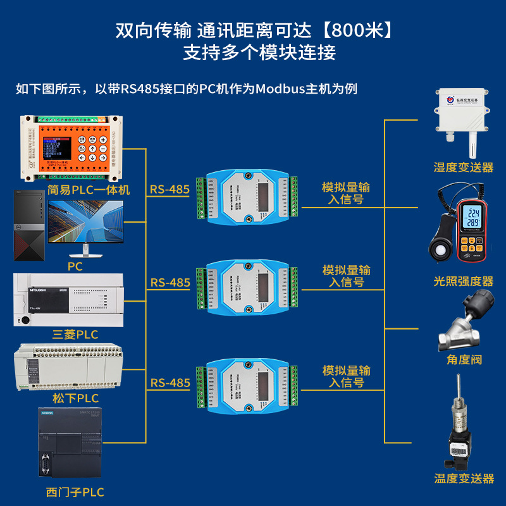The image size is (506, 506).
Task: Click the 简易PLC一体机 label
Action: (x=88, y=190)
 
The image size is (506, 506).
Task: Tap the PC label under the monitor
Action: (x=75, y=266)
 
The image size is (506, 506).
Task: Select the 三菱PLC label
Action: (x=75, y=335)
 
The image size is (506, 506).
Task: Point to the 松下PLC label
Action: (x=75, y=398)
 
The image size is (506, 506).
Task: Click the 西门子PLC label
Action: (x=75, y=492)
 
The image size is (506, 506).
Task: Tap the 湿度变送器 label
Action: (x=463, y=168)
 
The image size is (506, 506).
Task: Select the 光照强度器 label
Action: (x=463, y=281)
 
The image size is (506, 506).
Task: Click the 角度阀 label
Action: (x=463, y=360)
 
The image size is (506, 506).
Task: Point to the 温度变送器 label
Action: (x=463, y=479)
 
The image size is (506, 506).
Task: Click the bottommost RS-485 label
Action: (x=170, y=383)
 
